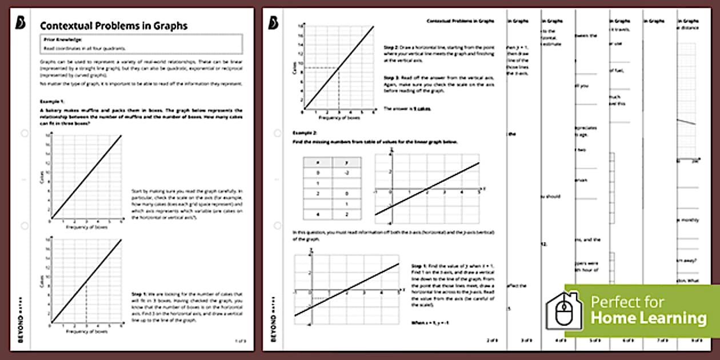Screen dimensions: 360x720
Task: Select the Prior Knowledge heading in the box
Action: tap(62, 39)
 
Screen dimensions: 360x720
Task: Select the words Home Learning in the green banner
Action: tap(648, 318)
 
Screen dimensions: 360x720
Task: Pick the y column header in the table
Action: tap(347, 163)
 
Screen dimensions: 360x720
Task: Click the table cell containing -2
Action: tap(347, 173)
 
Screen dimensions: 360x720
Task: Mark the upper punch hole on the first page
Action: tap(24, 133)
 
